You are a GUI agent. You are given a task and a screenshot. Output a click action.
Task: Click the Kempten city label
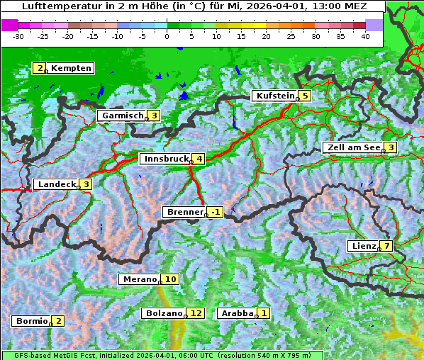coord(71,68)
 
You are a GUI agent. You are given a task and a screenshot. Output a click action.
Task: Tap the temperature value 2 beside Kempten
coord(40,68)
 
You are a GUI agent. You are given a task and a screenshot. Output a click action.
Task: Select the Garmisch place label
coord(123,116)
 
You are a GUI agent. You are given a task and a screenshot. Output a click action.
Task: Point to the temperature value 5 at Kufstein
coord(305,96)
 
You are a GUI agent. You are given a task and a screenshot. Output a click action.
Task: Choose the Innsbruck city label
coord(166,159)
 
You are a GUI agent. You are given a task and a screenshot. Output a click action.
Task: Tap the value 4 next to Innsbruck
coord(200,159)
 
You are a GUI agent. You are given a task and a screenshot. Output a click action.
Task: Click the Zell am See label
coord(352,147)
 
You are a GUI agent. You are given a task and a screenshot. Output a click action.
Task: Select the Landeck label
coord(56,184)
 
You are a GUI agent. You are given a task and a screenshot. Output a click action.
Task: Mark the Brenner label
coord(185,212)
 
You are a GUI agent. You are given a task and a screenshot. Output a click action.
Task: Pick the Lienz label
coord(363,246)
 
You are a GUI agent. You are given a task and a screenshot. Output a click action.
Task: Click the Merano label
coord(139,279)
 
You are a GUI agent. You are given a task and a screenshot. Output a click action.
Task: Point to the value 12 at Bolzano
coord(196,313)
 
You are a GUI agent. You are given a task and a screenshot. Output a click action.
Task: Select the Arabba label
coord(238,313)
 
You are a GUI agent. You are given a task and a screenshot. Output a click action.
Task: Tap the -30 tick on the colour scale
coord(18,36)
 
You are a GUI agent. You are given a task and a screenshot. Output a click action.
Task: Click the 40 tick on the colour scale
coord(365,36)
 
